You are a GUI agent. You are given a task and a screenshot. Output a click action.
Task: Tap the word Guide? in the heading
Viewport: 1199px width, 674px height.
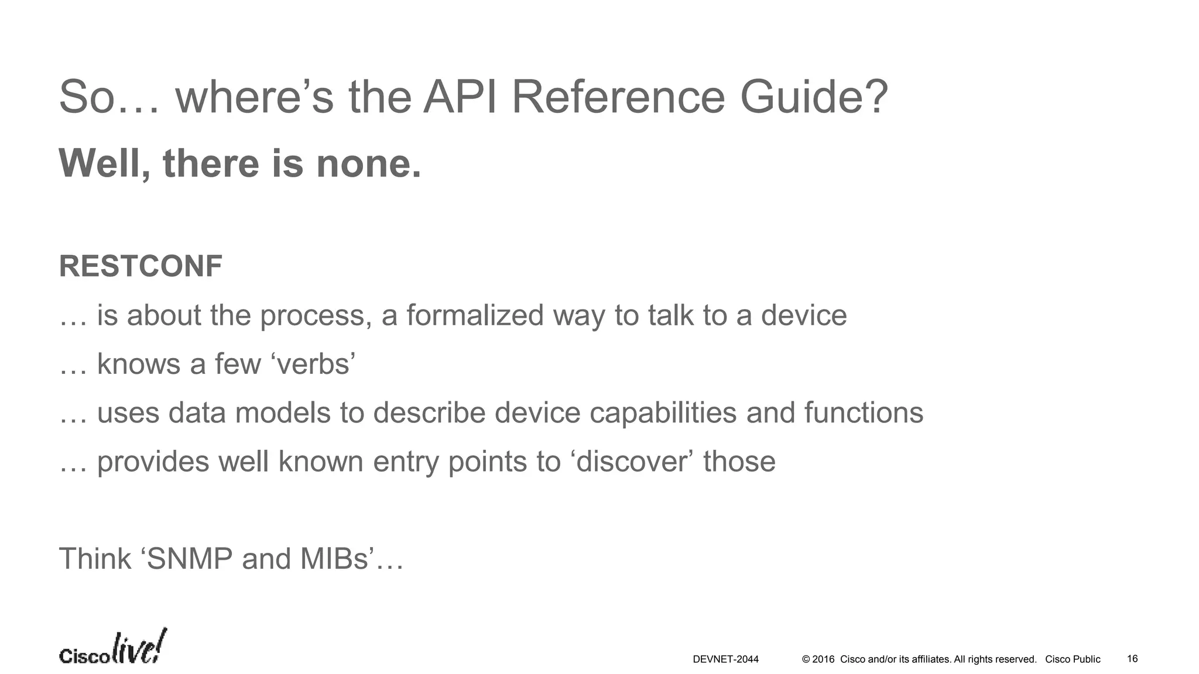coord(814,97)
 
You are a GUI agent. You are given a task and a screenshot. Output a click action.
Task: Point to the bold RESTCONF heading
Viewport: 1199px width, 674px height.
coord(141,266)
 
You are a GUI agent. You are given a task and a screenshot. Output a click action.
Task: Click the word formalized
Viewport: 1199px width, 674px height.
coord(475,315)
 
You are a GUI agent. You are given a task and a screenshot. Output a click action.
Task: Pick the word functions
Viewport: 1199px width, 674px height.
coord(864,412)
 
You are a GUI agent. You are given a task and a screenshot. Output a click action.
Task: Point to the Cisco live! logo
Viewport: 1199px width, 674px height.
coord(112,648)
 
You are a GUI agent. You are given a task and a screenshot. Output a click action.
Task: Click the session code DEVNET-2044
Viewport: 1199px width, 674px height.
coord(725,659)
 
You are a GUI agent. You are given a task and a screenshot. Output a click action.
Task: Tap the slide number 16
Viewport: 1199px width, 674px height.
coord(1132,659)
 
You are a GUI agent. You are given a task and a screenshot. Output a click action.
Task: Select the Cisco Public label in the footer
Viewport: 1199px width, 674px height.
coord(1073,659)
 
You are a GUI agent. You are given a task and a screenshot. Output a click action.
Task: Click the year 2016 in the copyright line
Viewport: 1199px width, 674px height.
coord(823,659)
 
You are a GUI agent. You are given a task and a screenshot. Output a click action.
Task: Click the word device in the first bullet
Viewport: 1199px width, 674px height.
coord(804,315)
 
